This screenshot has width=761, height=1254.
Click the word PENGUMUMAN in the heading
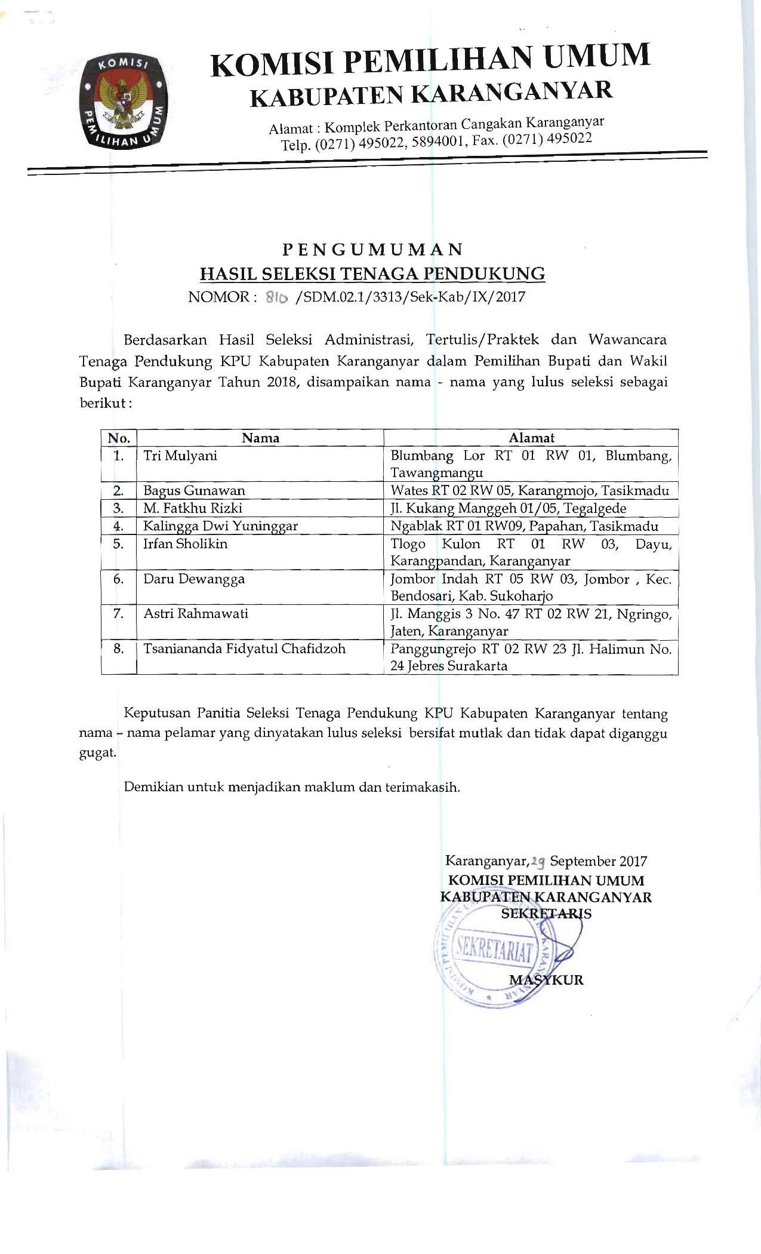(372, 248)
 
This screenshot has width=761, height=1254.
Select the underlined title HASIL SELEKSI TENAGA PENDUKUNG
(372, 274)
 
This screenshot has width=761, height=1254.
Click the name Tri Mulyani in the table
(180, 456)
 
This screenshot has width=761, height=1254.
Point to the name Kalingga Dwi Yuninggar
(220, 526)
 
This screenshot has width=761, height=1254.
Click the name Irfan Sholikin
(185, 544)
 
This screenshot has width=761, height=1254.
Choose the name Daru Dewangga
(194, 579)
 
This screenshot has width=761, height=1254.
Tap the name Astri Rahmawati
(196, 613)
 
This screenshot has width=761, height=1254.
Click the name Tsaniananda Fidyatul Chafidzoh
(244, 648)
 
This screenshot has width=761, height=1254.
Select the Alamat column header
(531, 438)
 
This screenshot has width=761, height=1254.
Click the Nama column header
(261, 438)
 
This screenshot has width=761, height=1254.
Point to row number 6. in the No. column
(119, 579)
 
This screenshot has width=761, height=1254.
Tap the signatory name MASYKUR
(546, 980)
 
